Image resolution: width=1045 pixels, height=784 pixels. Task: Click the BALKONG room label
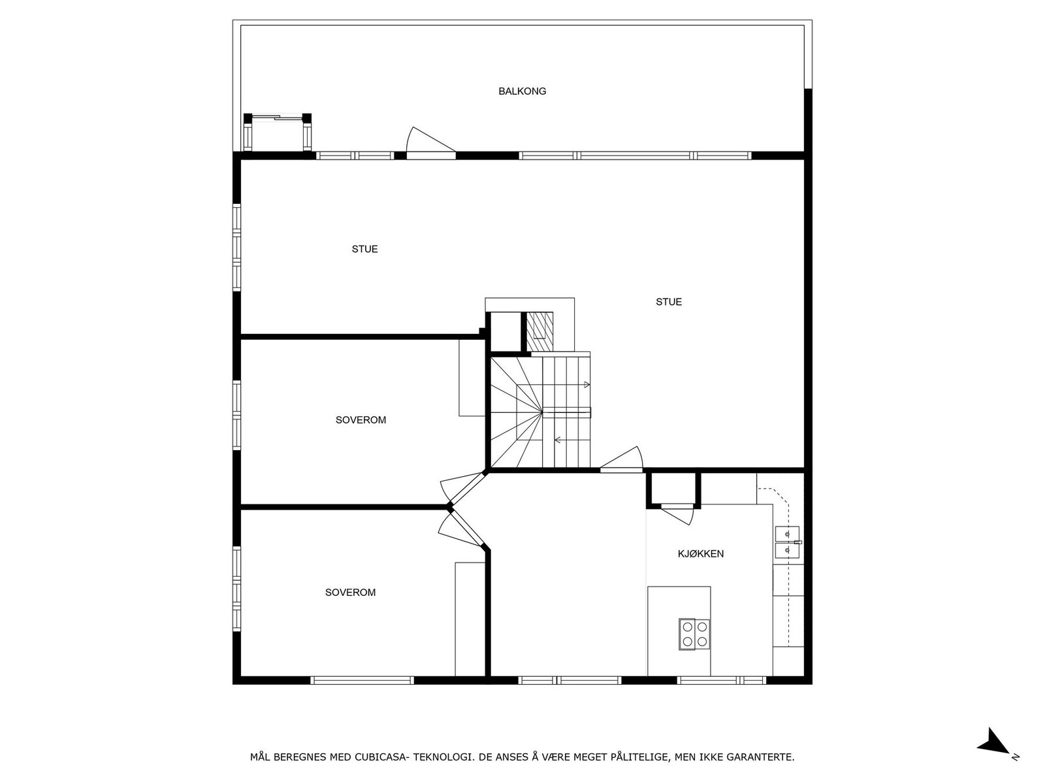(522, 91)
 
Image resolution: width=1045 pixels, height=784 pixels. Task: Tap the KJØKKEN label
(700, 554)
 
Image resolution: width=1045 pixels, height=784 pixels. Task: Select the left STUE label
(364, 249)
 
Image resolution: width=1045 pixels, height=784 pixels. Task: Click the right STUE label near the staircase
(669, 302)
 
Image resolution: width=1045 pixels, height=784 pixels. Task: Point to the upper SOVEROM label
(361, 420)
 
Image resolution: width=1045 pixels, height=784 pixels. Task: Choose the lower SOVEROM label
(350, 593)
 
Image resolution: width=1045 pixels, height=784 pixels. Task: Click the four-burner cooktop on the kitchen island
(694, 634)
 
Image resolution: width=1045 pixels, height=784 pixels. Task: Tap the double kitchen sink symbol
(787, 542)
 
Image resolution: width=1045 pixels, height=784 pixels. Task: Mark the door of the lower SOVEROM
(461, 526)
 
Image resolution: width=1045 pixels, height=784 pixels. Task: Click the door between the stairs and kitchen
(624, 459)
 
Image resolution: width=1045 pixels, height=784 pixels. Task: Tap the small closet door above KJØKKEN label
(678, 513)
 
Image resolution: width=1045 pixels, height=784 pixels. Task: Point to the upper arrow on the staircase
(587, 384)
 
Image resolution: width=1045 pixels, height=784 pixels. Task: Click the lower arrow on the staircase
(558, 440)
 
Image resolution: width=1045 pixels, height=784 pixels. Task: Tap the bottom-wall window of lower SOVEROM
(362, 680)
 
